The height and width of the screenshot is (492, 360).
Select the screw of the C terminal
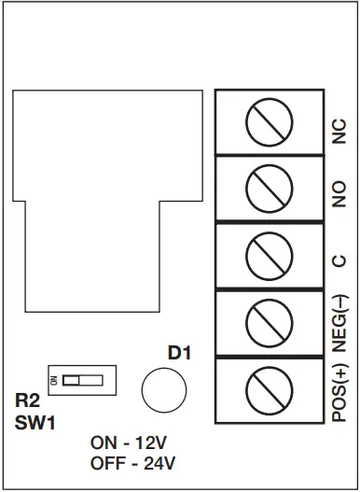coord(269,256)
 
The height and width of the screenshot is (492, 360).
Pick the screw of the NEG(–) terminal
coord(269,323)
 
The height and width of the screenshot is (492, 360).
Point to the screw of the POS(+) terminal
coord(269,389)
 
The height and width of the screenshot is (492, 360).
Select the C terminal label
coord(339,261)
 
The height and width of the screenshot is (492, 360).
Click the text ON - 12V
coord(134,443)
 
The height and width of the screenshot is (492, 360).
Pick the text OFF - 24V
coord(134,462)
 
